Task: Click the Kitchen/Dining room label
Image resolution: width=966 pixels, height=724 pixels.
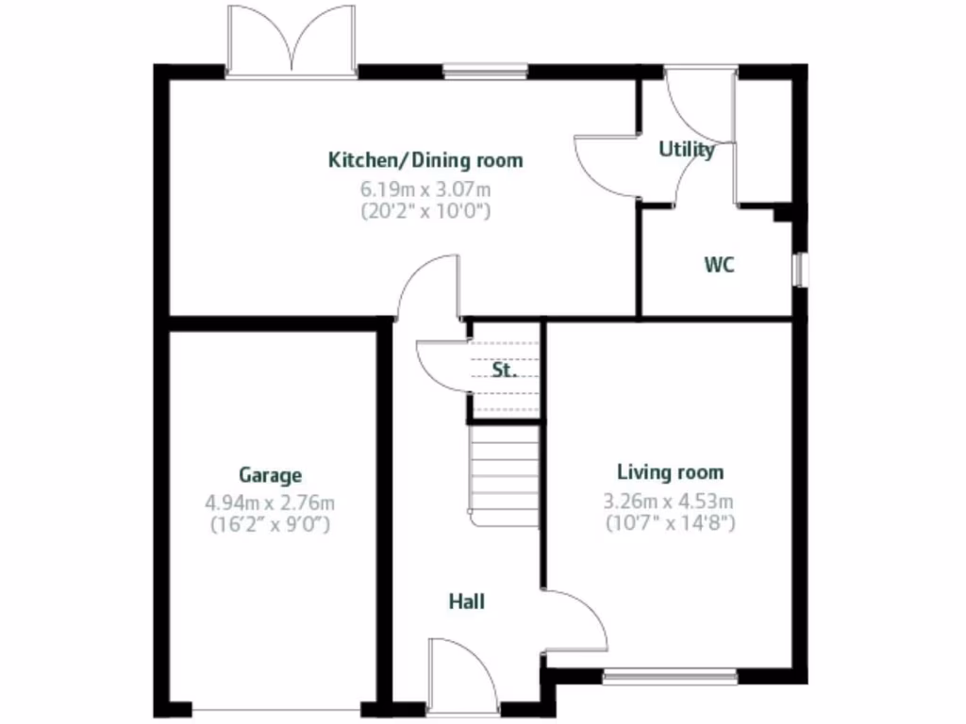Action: point(425,160)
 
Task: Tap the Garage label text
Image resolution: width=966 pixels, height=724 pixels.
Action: point(270,475)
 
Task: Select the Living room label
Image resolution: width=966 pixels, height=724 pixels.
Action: point(670,472)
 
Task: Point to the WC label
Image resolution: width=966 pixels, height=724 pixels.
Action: point(719,266)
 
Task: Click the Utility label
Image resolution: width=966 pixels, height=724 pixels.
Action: point(686,149)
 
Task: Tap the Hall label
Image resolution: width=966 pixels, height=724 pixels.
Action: point(467,601)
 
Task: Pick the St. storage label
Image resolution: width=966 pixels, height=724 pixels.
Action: point(505,370)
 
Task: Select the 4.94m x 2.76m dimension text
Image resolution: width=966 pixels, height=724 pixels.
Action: point(270,502)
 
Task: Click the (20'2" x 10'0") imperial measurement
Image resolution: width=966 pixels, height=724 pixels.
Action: point(425,211)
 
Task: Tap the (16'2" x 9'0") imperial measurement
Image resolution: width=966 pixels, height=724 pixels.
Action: point(270,525)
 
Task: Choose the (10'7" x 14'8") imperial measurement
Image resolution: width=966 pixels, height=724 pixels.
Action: point(670,522)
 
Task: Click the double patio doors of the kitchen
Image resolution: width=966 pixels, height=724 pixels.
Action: point(291,42)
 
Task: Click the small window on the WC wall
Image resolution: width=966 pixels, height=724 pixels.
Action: point(801,270)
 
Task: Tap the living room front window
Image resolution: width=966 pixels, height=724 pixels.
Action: point(670,675)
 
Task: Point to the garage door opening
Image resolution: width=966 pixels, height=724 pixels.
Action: point(275,709)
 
